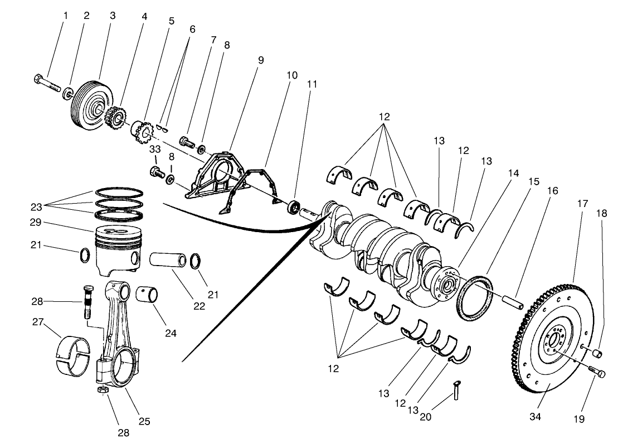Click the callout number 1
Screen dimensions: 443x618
65,16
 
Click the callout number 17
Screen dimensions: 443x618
582,204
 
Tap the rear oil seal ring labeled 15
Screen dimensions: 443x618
475,298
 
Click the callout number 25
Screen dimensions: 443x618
144,421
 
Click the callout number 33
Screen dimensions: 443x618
154,149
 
